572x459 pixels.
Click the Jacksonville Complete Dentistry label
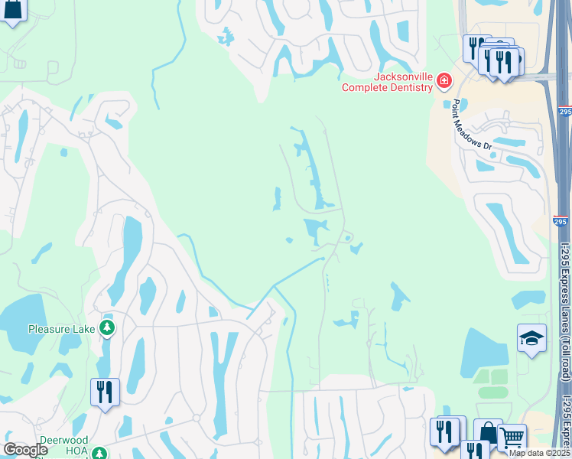tap(387, 83)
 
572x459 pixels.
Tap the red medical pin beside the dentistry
tap(444, 81)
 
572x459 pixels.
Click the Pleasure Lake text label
tap(61, 329)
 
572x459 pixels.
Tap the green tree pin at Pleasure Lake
tap(108, 328)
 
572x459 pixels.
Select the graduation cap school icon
tap(531, 337)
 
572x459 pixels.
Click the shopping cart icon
tap(512, 438)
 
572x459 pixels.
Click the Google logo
tap(26, 450)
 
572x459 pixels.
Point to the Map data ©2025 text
tap(540, 453)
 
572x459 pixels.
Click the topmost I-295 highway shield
tap(564, 112)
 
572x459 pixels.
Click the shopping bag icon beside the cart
tap(488, 432)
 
